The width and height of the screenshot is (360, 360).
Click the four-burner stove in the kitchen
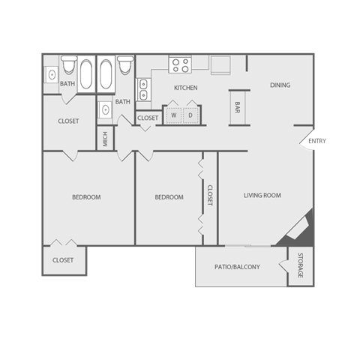(181, 66)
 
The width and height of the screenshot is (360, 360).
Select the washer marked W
(172, 115)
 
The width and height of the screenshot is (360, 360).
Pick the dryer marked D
(190, 115)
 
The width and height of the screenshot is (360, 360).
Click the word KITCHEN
(185, 88)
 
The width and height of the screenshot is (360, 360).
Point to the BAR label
(237, 106)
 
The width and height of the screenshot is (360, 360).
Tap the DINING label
(280, 85)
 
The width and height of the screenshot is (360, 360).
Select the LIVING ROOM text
(262, 196)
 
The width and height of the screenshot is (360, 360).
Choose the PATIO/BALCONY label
(237, 266)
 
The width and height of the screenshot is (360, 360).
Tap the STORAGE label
(300, 266)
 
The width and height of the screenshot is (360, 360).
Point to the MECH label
(105, 138)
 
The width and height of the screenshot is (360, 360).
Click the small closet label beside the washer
(148, 118)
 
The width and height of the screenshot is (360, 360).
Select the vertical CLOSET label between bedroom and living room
(210, 196)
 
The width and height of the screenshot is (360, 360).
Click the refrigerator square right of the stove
(220, 66)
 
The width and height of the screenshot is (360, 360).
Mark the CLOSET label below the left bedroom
(63, 260)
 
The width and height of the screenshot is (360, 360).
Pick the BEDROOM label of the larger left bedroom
(86, 197)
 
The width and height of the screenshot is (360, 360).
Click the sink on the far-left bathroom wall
(51, 73)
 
